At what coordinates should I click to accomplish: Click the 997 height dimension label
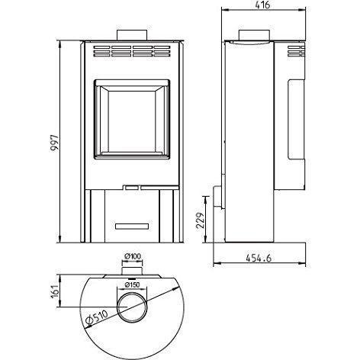tap(54, 143)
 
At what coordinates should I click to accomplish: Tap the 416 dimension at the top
tap(262, 5)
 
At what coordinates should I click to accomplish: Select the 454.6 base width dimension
tap(259, 258)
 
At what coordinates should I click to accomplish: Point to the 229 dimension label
tap(201, 220)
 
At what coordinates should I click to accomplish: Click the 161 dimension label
tap(55, 291)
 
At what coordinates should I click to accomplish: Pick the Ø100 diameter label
tap(132, 256)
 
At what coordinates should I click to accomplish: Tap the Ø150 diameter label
tap(132, 284)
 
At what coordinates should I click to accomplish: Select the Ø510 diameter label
tap(97, 318)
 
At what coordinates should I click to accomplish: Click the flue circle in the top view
tap(132, 293)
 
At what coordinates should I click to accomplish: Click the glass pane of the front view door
tap(132, 121)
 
